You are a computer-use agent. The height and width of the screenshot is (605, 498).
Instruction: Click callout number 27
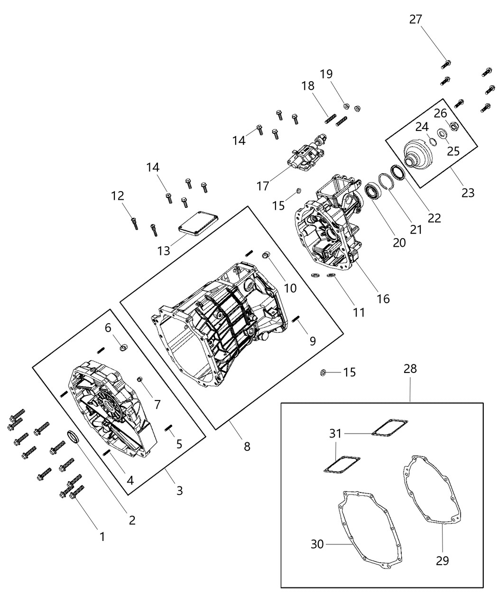415,19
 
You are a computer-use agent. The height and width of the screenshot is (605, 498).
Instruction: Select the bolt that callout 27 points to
446,63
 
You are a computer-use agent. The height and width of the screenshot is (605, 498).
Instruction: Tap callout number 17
262,186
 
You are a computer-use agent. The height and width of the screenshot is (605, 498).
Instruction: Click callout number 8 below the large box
246,446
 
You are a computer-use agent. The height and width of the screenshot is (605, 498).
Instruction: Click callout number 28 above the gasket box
410,368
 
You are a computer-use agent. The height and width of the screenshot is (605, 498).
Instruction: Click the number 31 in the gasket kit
335,433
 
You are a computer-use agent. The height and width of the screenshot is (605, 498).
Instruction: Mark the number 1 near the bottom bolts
101,537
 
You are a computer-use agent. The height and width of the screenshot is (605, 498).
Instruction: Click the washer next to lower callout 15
323,372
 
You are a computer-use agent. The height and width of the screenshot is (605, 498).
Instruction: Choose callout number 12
117,195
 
